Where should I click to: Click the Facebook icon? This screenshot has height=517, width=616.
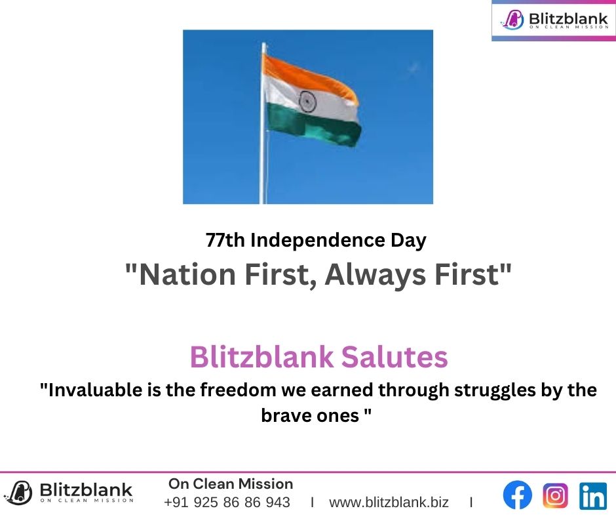click(x=518, y=495)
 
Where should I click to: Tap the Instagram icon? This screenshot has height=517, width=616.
click(x=555, y=495)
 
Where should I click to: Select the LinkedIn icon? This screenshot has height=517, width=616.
click(x=593, y=496)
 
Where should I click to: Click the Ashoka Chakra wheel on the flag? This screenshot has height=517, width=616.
click(x=307, y=102)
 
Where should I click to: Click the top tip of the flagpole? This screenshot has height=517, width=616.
click(x=263, y=43)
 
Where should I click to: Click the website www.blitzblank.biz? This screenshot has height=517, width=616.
click(x=389, y=503)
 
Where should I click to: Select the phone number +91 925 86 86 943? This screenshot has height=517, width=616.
click(x=227, y=503)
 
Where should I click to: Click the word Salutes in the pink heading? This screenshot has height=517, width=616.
click(x=395, y=357)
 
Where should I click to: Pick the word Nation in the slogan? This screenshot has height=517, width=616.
click(x=187, y=275)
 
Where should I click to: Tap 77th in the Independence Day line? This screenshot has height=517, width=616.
click(x=225, y=240)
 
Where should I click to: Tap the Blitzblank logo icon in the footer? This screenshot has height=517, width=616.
click(x=18, y=493)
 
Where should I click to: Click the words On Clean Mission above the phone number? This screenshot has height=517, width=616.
click(x=231, y=484)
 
